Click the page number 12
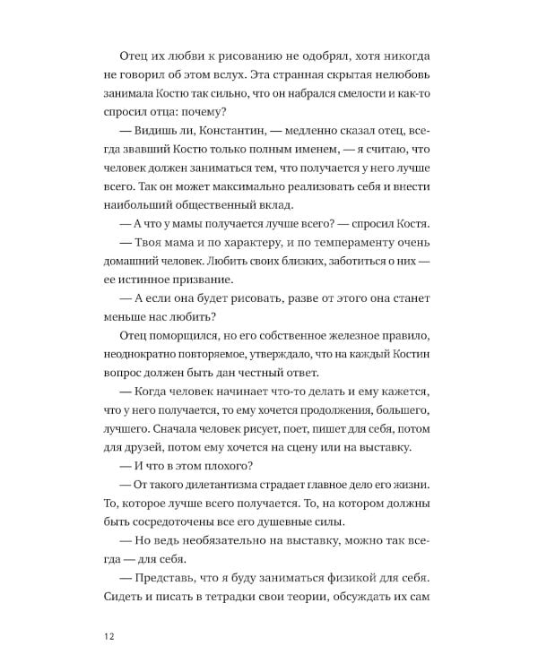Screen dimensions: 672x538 [108, 636]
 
